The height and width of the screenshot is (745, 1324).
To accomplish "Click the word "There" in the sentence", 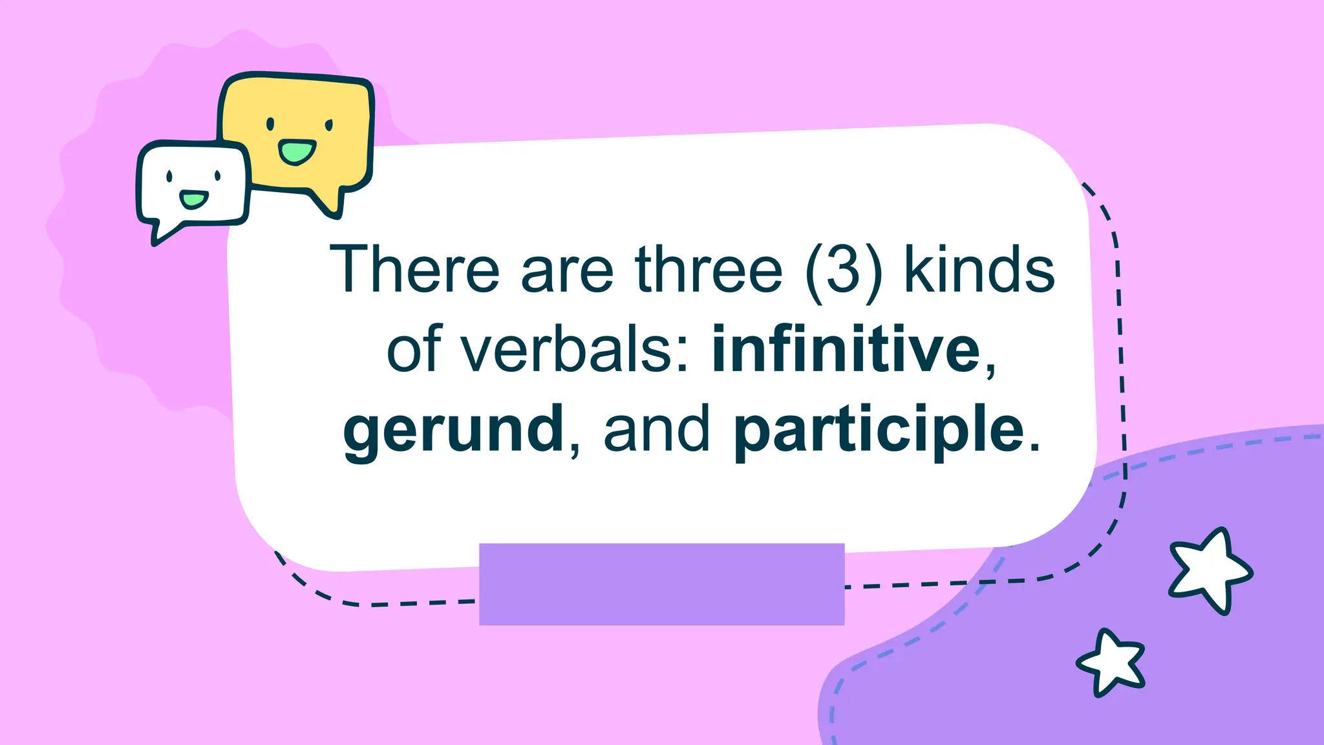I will point(414,270).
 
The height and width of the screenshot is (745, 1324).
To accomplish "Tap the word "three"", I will point(709,270).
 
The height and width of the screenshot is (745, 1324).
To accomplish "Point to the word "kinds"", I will point(979,270).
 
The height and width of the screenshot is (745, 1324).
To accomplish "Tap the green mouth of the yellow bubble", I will point(297,152).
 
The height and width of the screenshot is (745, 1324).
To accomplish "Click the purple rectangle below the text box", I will point(661,584).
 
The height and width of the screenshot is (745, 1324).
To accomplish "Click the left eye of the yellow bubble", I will point(270,124).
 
